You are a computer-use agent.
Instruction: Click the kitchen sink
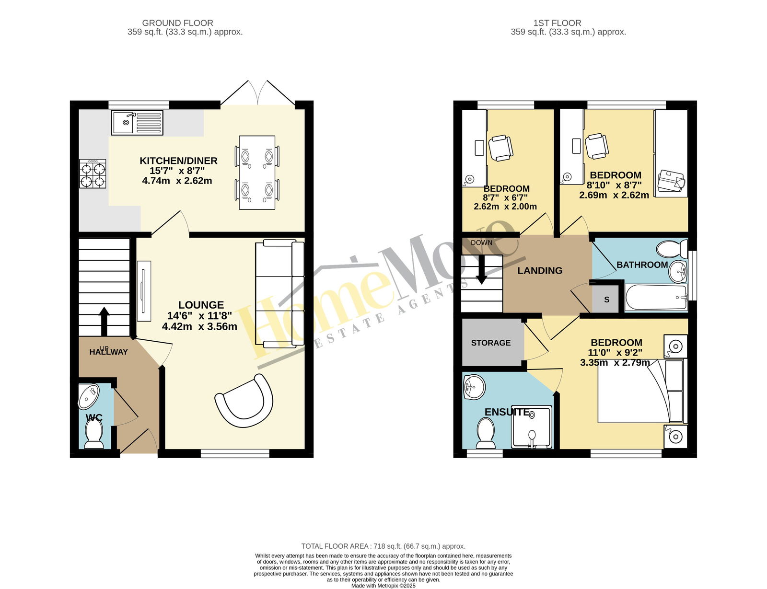(x=137, y=123)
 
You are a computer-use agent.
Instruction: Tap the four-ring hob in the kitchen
(x=93, y=173)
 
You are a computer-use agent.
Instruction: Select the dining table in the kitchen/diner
(x=257, y=172)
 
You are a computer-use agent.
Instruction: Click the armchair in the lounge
(x=244, y=400)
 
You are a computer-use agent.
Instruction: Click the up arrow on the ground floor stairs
(x=104, y=321)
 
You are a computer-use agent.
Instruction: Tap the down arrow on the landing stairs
(x=481, y=269)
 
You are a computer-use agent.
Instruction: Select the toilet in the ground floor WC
(x=94, y=433)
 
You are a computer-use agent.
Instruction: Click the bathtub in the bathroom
(x=656, y=297)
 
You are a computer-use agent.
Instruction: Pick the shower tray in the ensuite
(x=532, y=427)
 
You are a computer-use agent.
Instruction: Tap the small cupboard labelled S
(x=606, y=299)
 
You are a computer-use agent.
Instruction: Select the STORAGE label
(x=490, y=343)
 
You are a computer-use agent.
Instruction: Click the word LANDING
(x=540, y=271)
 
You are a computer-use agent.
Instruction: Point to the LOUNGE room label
(x=201, y=305)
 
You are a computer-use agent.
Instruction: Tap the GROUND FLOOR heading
(x=177, y=23)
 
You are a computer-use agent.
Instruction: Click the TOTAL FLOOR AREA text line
(x=383, y=546)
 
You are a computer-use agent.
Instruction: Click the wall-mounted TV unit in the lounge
(x=144, y=291)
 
